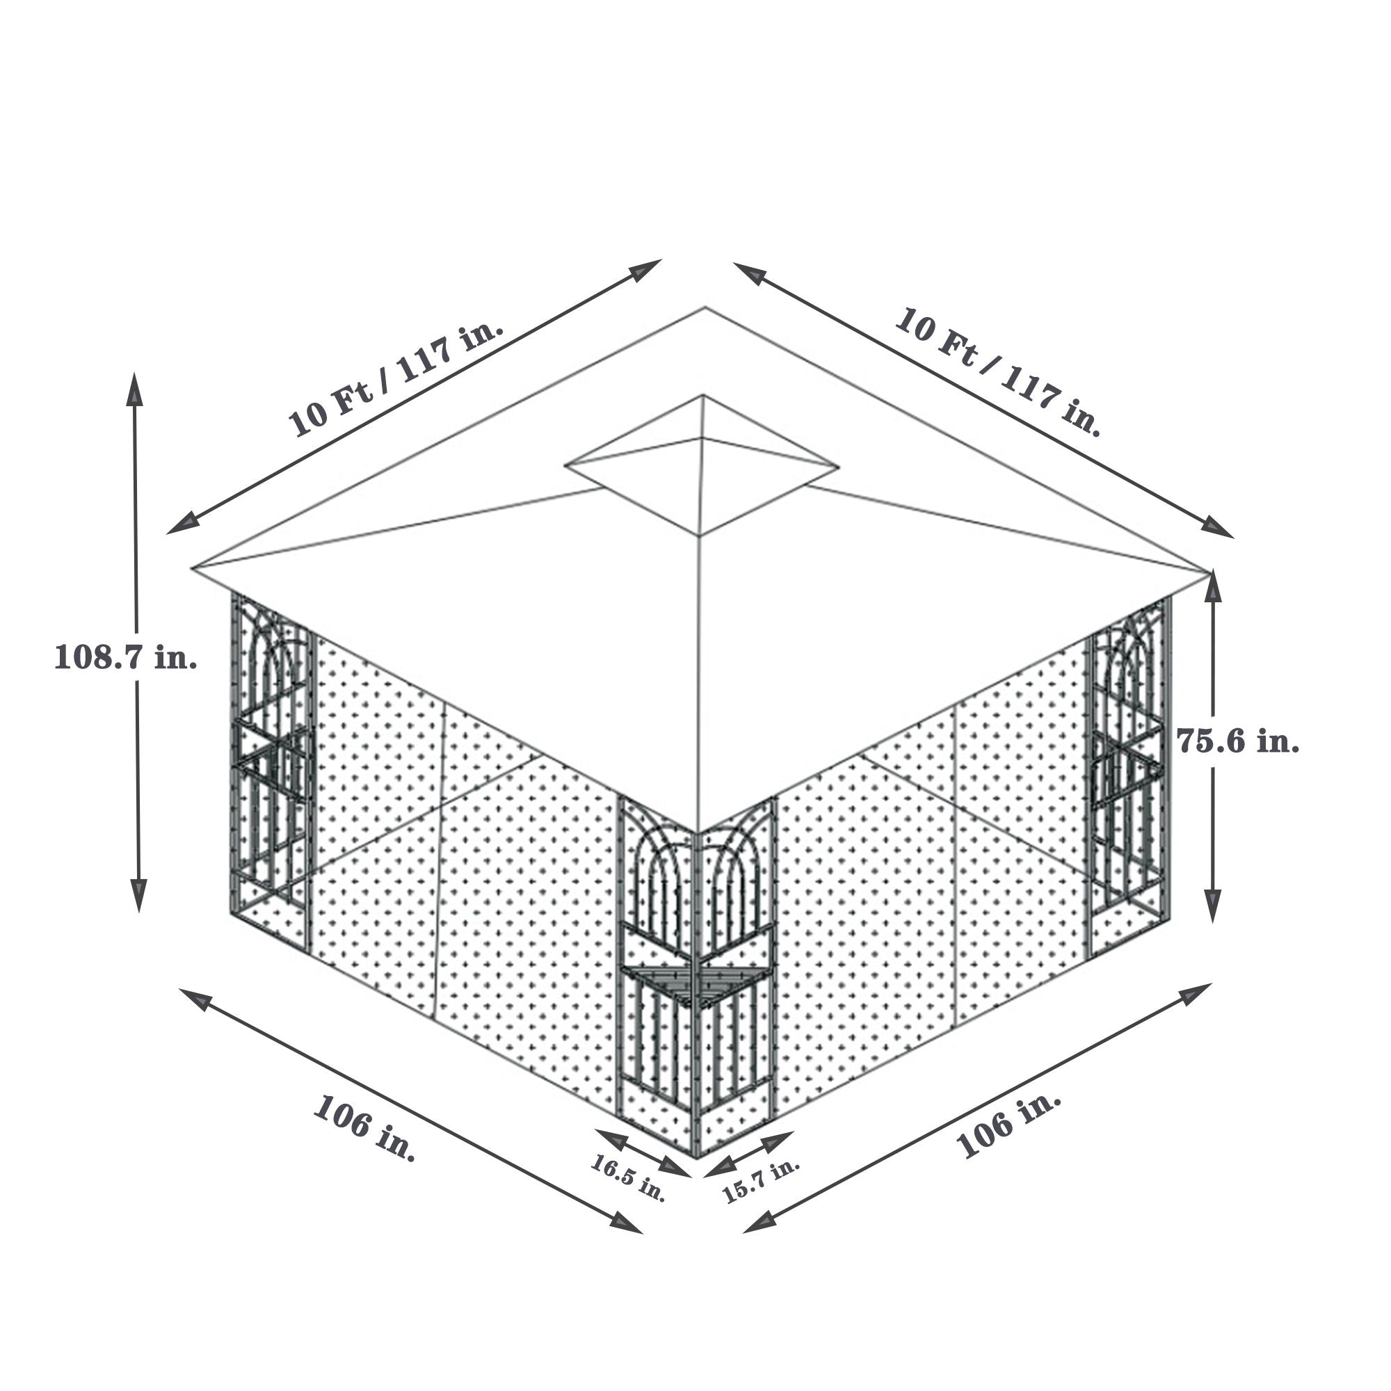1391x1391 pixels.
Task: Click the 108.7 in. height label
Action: click(126, 657)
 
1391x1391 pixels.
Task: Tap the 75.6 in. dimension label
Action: click(1238, 741)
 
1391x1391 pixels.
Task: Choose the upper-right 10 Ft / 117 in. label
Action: click(998, 371)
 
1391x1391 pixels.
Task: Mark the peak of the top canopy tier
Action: click(702, 396)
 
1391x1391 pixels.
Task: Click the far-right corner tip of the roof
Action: click(1208, 572)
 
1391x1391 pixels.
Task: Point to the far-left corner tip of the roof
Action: click(195, 569)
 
